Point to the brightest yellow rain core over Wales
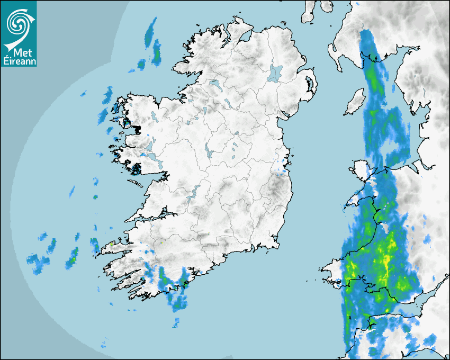(385, 260)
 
